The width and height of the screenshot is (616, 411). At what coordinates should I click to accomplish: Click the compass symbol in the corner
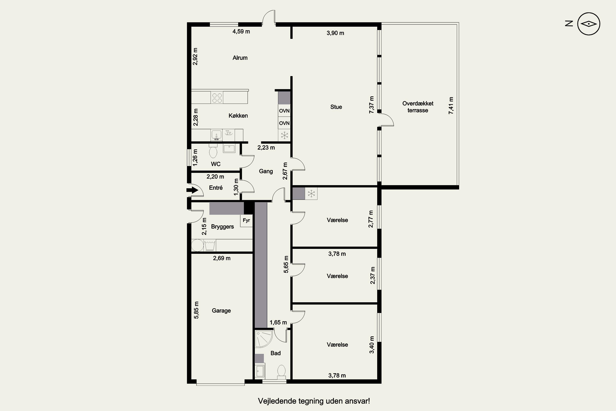click(x=588, y=24)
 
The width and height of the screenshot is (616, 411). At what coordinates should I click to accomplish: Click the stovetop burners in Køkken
click(x=217, y=98)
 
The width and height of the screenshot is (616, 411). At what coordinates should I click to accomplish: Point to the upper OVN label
click(x=284, y=111)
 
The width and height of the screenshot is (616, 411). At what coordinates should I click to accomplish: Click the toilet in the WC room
click(x=213, y=151)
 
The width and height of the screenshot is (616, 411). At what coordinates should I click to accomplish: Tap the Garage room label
click(x=221, y=311)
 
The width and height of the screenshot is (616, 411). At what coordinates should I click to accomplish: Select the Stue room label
click(x=336, y=107)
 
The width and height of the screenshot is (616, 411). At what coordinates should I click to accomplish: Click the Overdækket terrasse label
click(x=418, y=107)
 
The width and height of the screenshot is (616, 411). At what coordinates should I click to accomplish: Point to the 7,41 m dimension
click(x=451, y=106)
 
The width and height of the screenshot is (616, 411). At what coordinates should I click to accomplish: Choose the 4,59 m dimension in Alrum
click(x=241, y=32)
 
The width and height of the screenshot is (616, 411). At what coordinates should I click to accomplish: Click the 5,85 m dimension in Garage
click(x=196, y=310)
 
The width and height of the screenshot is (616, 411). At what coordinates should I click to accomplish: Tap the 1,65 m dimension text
click(x=278, y=322)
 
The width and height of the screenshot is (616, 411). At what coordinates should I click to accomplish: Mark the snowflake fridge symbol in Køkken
click(x=284, y=135)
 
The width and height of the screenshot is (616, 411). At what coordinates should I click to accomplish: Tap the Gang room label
click(x=266, y=171)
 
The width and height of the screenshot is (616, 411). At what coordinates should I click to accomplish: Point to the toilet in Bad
click(x=281, y=372)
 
